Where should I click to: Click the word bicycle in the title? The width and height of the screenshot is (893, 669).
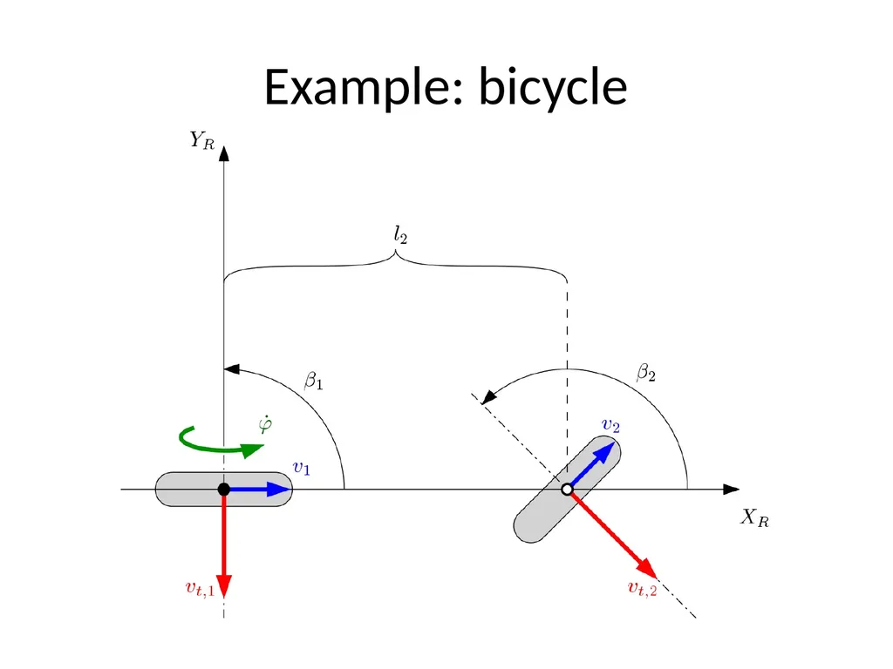(553, 87)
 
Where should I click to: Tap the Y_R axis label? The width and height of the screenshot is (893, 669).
(202, 140)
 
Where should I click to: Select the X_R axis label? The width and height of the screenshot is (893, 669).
(754, 517)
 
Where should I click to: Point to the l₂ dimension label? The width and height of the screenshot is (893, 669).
(400, 234)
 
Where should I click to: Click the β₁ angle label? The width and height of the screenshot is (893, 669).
(314, 380)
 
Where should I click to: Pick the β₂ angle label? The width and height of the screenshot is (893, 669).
(646, 373)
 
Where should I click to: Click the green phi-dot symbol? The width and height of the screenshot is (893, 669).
(265, 425)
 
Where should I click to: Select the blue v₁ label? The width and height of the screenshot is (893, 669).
(301, 468)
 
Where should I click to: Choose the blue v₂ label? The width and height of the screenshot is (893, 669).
(610, 425)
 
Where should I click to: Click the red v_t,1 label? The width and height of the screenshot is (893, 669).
(200, 589)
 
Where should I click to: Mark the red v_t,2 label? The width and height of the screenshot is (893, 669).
(642, 588)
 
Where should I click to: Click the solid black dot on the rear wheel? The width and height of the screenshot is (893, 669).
(224, 490)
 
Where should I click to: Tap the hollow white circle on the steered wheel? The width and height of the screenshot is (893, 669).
(567, 490)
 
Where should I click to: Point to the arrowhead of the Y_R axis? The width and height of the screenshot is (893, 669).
(224, 153)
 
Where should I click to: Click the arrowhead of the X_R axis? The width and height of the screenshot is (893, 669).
(732, 490)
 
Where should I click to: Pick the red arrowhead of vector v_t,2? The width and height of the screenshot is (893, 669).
(648, 569)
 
